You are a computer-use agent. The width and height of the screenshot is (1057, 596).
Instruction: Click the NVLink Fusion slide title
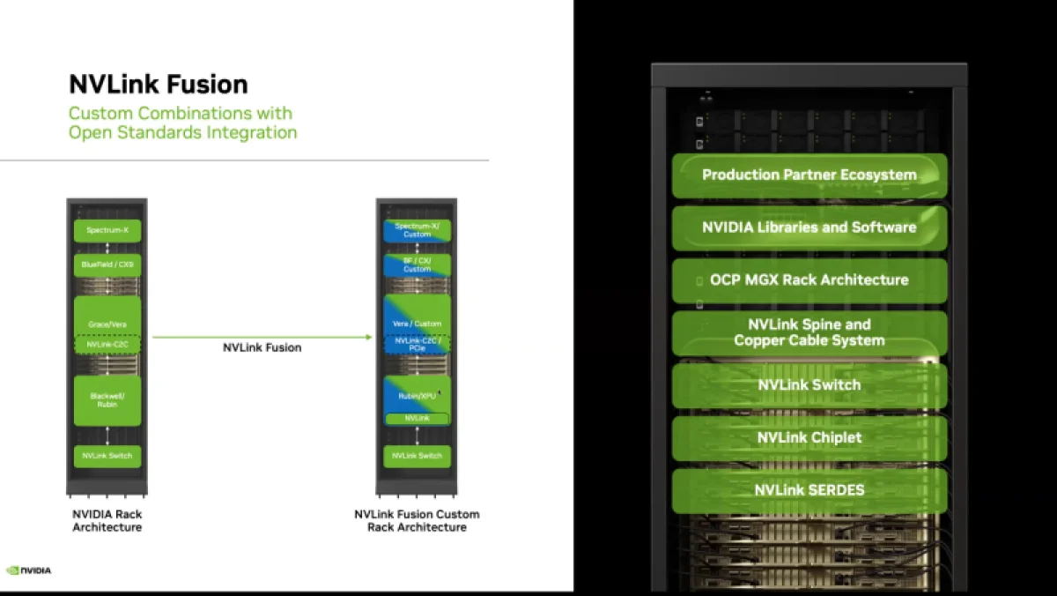click(x=159, y=85)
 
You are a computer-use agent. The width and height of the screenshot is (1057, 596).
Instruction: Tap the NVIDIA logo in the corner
click(x=29, y=570)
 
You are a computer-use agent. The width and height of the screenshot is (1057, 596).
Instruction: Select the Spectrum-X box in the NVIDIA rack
click(x=107, y=231)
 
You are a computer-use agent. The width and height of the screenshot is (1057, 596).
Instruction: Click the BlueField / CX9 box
click(x=107, y=264)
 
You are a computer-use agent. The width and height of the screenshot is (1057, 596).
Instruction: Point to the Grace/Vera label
click(x=107, y=324)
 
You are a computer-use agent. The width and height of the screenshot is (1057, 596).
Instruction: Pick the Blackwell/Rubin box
click(x=107, y=400)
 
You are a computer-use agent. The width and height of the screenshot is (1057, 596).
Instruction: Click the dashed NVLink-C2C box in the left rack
click(x=107, y=344)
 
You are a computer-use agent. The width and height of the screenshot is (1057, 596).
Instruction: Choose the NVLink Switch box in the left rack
click(x=107, y=456)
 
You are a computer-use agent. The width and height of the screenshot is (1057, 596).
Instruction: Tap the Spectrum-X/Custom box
click(x=418, y=231)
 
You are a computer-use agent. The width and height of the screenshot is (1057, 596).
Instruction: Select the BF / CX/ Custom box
click(x=418, y=264)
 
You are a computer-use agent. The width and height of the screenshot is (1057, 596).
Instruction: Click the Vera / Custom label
click(x=418, y=324)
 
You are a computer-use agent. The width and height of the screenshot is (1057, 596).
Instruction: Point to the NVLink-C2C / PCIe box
click(x=418, y=344)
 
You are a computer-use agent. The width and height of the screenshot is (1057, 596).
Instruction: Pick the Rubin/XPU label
click(x=418, y=397)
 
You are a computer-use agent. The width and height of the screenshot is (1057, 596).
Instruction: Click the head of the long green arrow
click(x=368, y=337)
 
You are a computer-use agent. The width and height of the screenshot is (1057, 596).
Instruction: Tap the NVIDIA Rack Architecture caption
click(x=107, y=520)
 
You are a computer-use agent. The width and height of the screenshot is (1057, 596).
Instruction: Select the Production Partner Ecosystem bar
click(x=809, y=175)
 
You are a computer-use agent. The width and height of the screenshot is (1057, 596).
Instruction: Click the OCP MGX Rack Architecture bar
click(x=809, y=279)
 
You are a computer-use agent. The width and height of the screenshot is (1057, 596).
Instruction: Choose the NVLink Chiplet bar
click(x=809, y=437)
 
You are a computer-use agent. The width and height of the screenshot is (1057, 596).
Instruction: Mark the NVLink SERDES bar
click(x=809, y=490)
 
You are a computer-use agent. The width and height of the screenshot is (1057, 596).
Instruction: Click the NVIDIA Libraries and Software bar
click(x=809, y=227)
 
